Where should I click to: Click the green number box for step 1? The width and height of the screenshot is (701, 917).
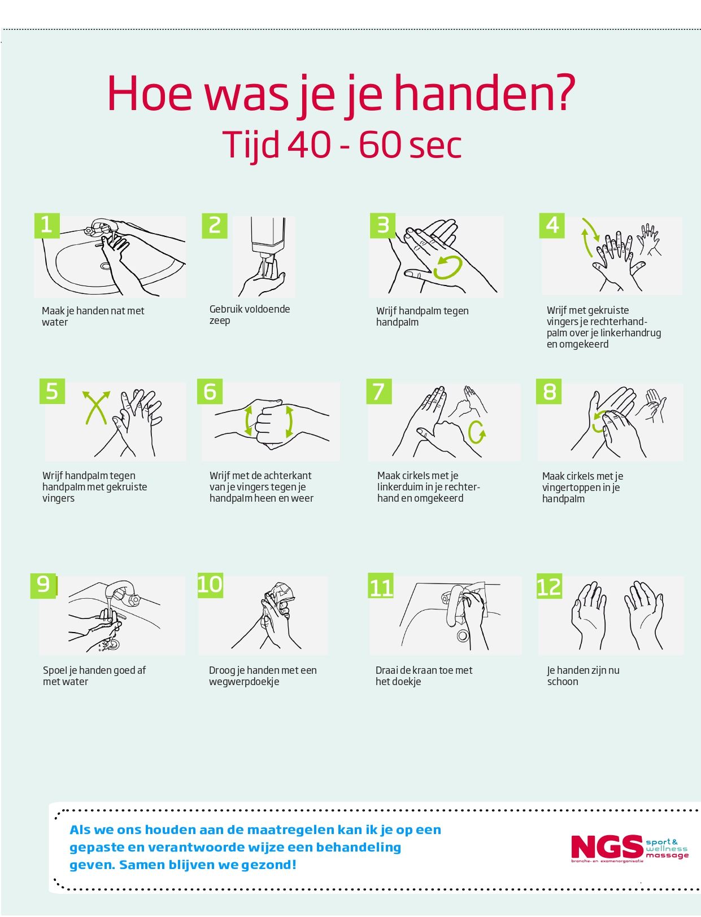pyautogui.click(x=47, y=226)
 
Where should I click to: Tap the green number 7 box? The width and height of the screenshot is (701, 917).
pyautogui.click(x=378, y=391)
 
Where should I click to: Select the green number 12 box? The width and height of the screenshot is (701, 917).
pyautogui.click(x=549, y=586)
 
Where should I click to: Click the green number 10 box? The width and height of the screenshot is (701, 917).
pyautogui.click(x=210, y=585)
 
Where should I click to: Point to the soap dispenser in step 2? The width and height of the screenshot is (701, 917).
pyautogui.click(x=268, y=240)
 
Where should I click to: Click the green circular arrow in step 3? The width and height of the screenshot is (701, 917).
pyautogui.click(x=448, y=267)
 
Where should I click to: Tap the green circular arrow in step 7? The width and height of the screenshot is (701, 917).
pyautogui.click(x=477, y=432)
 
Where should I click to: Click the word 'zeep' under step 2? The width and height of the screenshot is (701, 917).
pyautogui.click(x=220, y=321)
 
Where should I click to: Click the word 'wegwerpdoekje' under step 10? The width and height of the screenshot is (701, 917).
pyautogui.click(x=243, y=682)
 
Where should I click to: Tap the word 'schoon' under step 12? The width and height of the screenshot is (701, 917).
pyautogui.click(x=563, y=681)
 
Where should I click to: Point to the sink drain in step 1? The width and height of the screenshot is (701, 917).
pyautogui.click(x=105, y=266)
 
